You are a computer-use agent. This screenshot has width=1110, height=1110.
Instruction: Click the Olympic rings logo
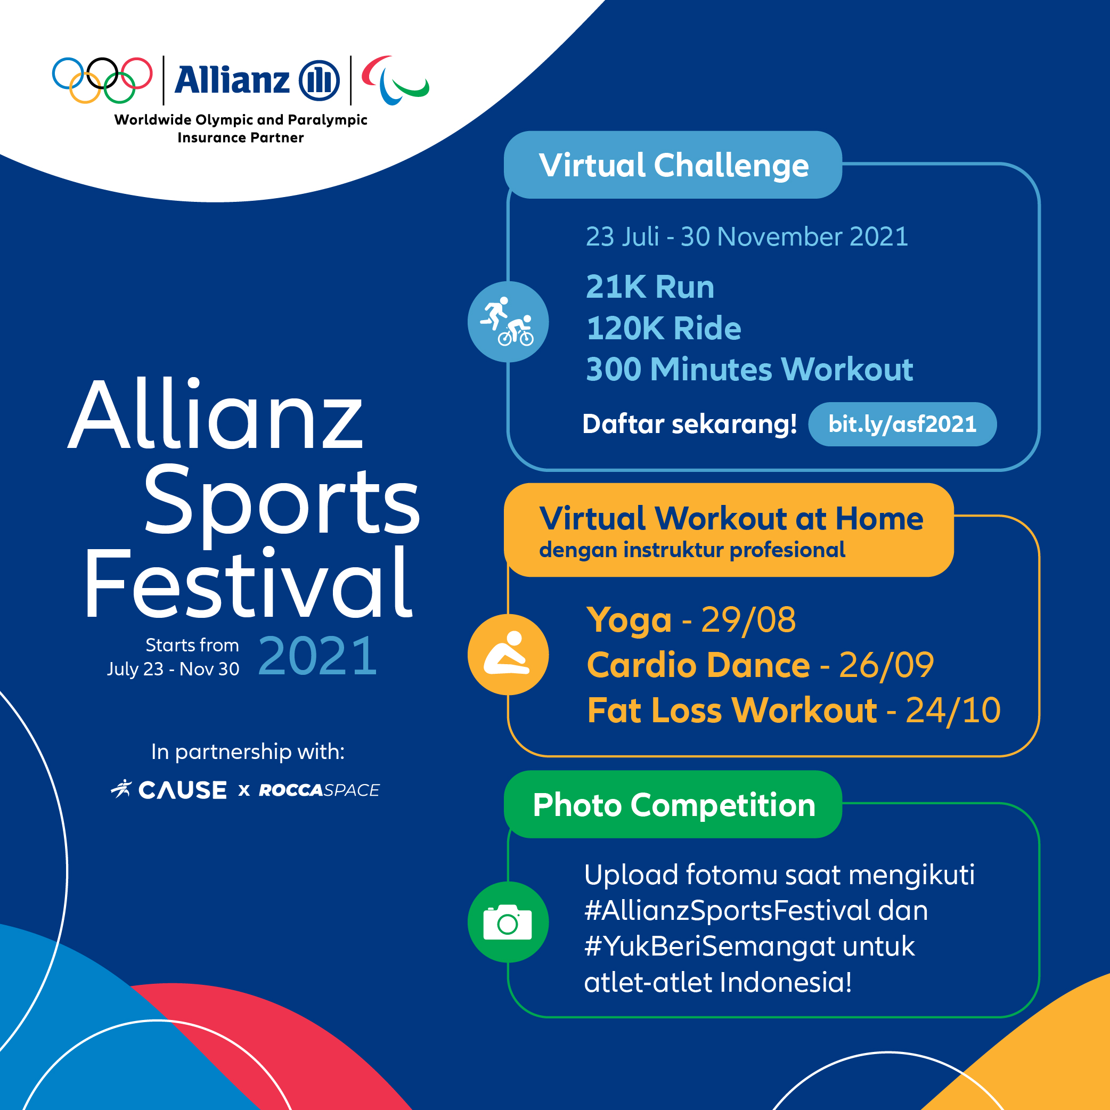point(102,80)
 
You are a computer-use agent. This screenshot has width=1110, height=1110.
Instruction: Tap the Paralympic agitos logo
point(395,80)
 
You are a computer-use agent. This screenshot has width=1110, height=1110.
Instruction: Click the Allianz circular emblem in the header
point(320,80)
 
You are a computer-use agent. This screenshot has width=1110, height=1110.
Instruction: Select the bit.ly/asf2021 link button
point(902,424)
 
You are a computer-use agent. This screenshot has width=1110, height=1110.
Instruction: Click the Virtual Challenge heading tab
point(673,165)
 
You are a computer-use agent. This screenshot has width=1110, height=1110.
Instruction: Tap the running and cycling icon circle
point(508,322)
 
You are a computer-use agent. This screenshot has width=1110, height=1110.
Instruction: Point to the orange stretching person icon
point(508,655)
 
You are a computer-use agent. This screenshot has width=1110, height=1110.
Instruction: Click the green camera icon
point(508,922)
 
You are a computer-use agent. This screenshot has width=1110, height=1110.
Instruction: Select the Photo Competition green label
point(673,804)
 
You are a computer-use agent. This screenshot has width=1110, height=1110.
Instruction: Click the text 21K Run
point(650,287)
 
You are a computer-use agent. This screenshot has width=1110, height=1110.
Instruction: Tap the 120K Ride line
point(664,328)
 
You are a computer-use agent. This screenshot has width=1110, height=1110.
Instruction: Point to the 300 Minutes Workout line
point(749,369)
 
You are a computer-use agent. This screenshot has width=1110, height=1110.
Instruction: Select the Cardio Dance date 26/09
point(886,665)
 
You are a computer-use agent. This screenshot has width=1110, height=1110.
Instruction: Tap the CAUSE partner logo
point(169,790)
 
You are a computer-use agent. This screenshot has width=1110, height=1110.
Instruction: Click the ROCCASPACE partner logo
point(319,790)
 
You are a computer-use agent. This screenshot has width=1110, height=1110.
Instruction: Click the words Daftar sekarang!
point(689,425)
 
